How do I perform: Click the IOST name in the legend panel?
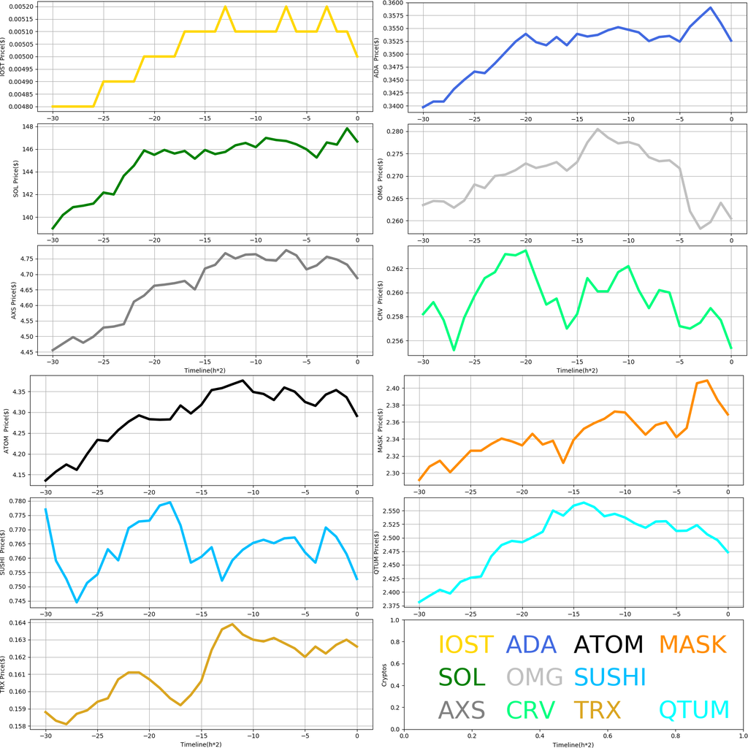point(465,644)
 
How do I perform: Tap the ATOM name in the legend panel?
point(608,644)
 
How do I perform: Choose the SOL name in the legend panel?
point(462,676)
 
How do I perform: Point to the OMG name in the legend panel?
point(535,676)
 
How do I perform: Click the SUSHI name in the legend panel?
point(611,676)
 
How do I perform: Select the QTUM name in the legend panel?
point(694,709)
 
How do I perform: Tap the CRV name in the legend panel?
point(530,709)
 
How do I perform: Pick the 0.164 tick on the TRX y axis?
point(28,622)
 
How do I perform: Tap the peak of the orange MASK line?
point(707,381)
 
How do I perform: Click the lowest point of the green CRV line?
point(454,351)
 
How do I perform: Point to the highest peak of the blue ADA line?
point(710,8)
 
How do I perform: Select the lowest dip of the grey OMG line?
point(700,229)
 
